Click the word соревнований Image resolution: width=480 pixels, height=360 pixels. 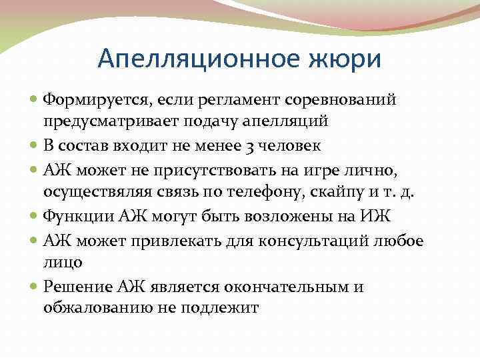(x=341, y=100)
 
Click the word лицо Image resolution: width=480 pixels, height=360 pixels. (x=63, y=262)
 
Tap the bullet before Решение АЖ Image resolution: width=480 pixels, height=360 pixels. (x=35, y=287)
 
